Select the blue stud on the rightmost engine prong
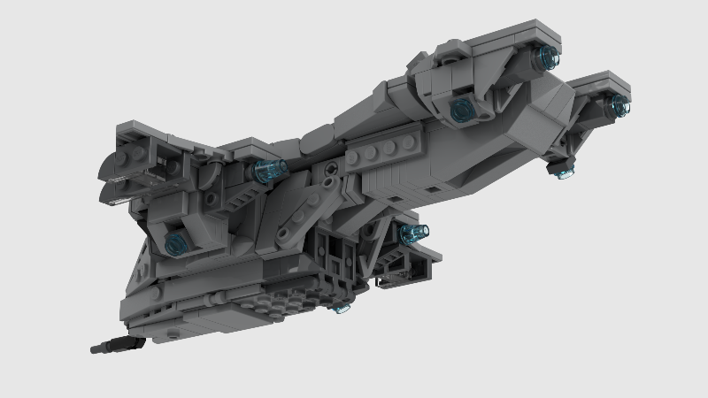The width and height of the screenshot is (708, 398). coord(619,106)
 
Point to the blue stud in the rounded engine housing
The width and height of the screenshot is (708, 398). coord(459,110)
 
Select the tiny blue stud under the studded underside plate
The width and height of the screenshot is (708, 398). coord(340,309)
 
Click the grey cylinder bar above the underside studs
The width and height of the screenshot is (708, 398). coord(212,287)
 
